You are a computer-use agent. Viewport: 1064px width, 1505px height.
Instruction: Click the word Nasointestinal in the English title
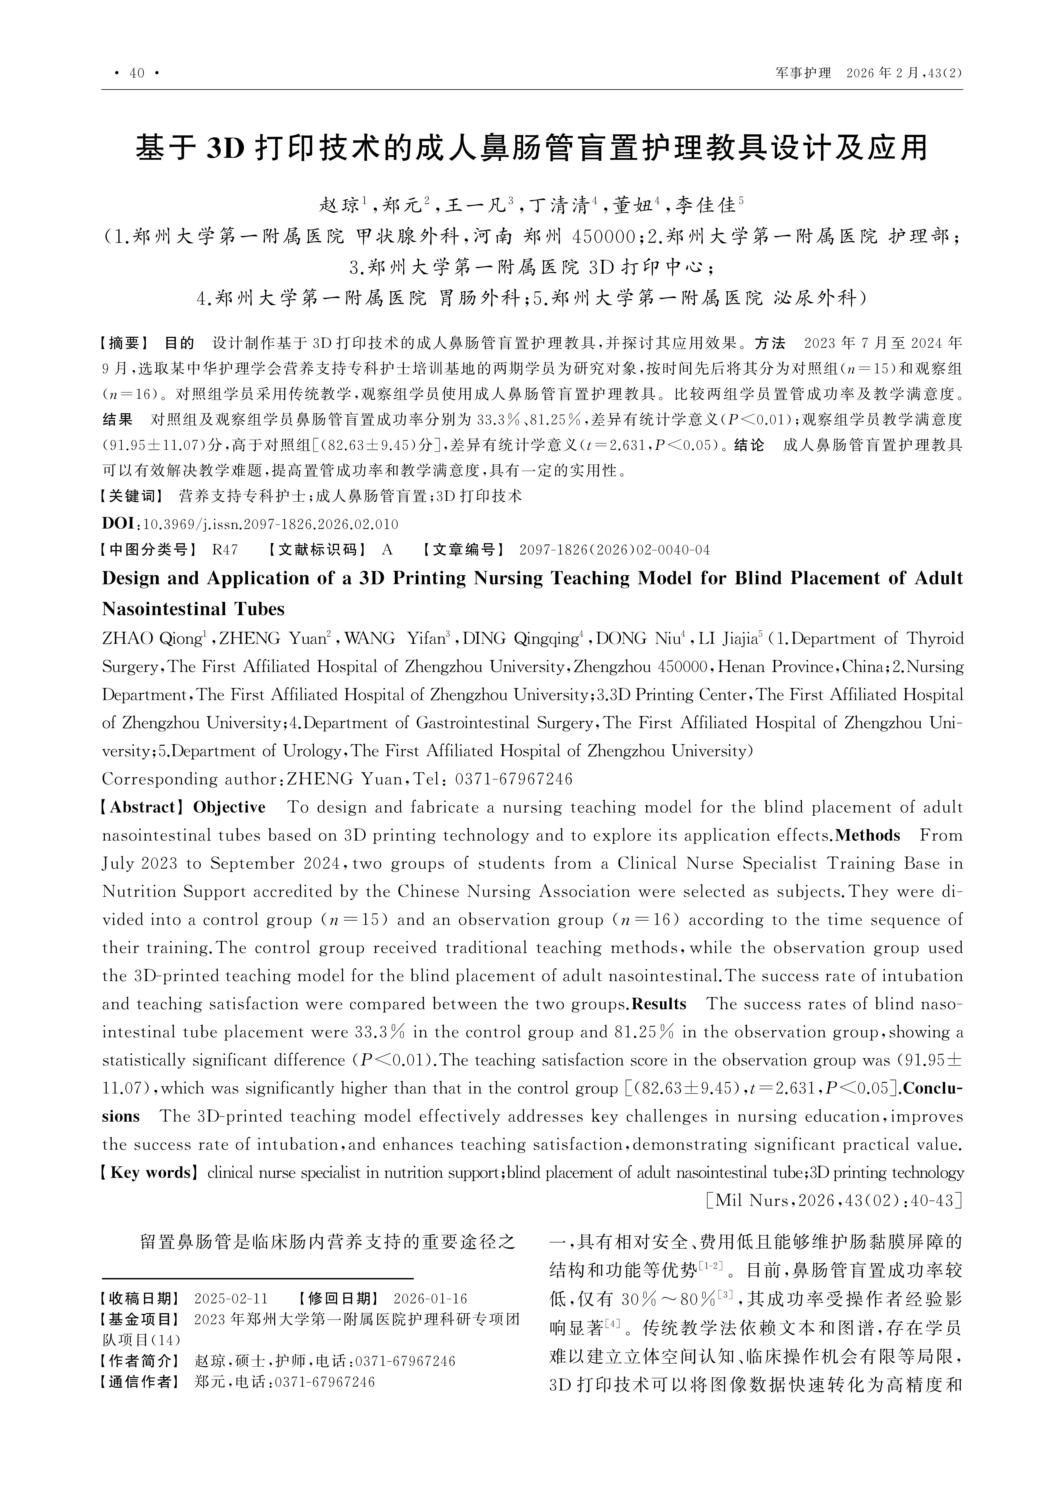193,609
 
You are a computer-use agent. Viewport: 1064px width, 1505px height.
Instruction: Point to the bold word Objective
230,808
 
